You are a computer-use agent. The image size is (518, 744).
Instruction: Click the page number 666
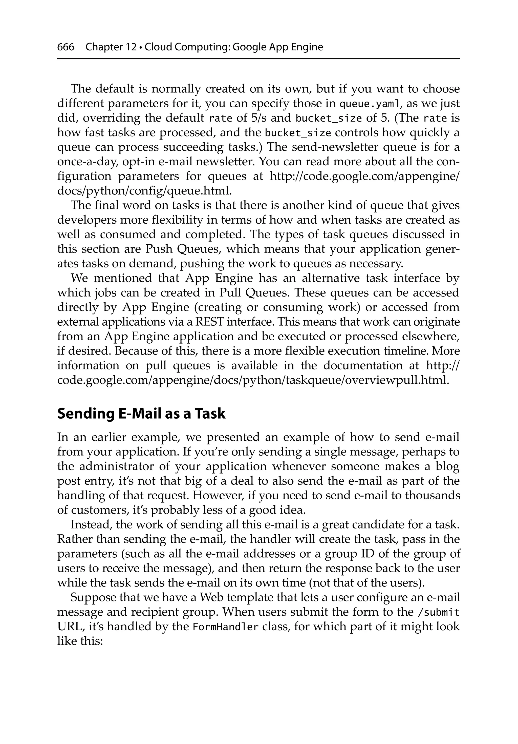click(x=66, y=47)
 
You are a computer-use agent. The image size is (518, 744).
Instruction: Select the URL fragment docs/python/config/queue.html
click(x=144, y=191)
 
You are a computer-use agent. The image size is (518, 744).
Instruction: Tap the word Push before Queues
click(x=159, y=249)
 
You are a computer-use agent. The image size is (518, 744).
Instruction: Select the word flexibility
click(x=177, y=220)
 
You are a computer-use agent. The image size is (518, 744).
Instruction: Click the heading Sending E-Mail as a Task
click(x=141, y=414)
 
